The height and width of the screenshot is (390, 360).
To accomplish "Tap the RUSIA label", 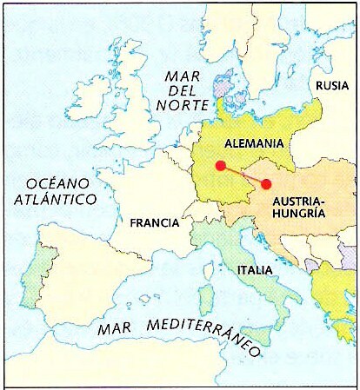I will click(332, 85).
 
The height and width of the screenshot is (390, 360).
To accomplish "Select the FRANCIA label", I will click(154, 222).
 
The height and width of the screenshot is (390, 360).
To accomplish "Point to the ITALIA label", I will click(255, 270).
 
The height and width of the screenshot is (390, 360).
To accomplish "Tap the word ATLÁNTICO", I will click(59, 200).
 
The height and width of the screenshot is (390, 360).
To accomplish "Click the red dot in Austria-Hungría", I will click(266, 183).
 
